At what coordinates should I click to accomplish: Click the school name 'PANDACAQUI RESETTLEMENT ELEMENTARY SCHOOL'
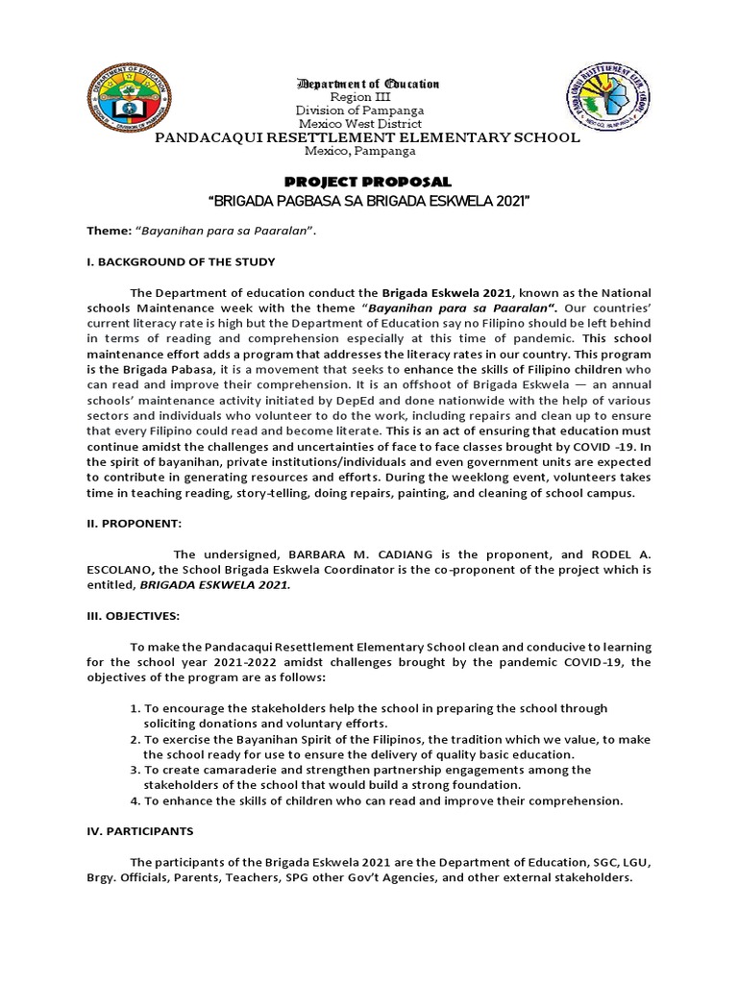[369, 138]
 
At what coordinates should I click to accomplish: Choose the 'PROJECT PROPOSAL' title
[369, 182]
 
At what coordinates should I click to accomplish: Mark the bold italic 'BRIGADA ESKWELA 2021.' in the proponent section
[214, 584]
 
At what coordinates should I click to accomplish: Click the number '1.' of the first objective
[135, 708]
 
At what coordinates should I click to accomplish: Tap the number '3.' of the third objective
[135, 770]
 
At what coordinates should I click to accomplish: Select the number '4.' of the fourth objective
[135, 800]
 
